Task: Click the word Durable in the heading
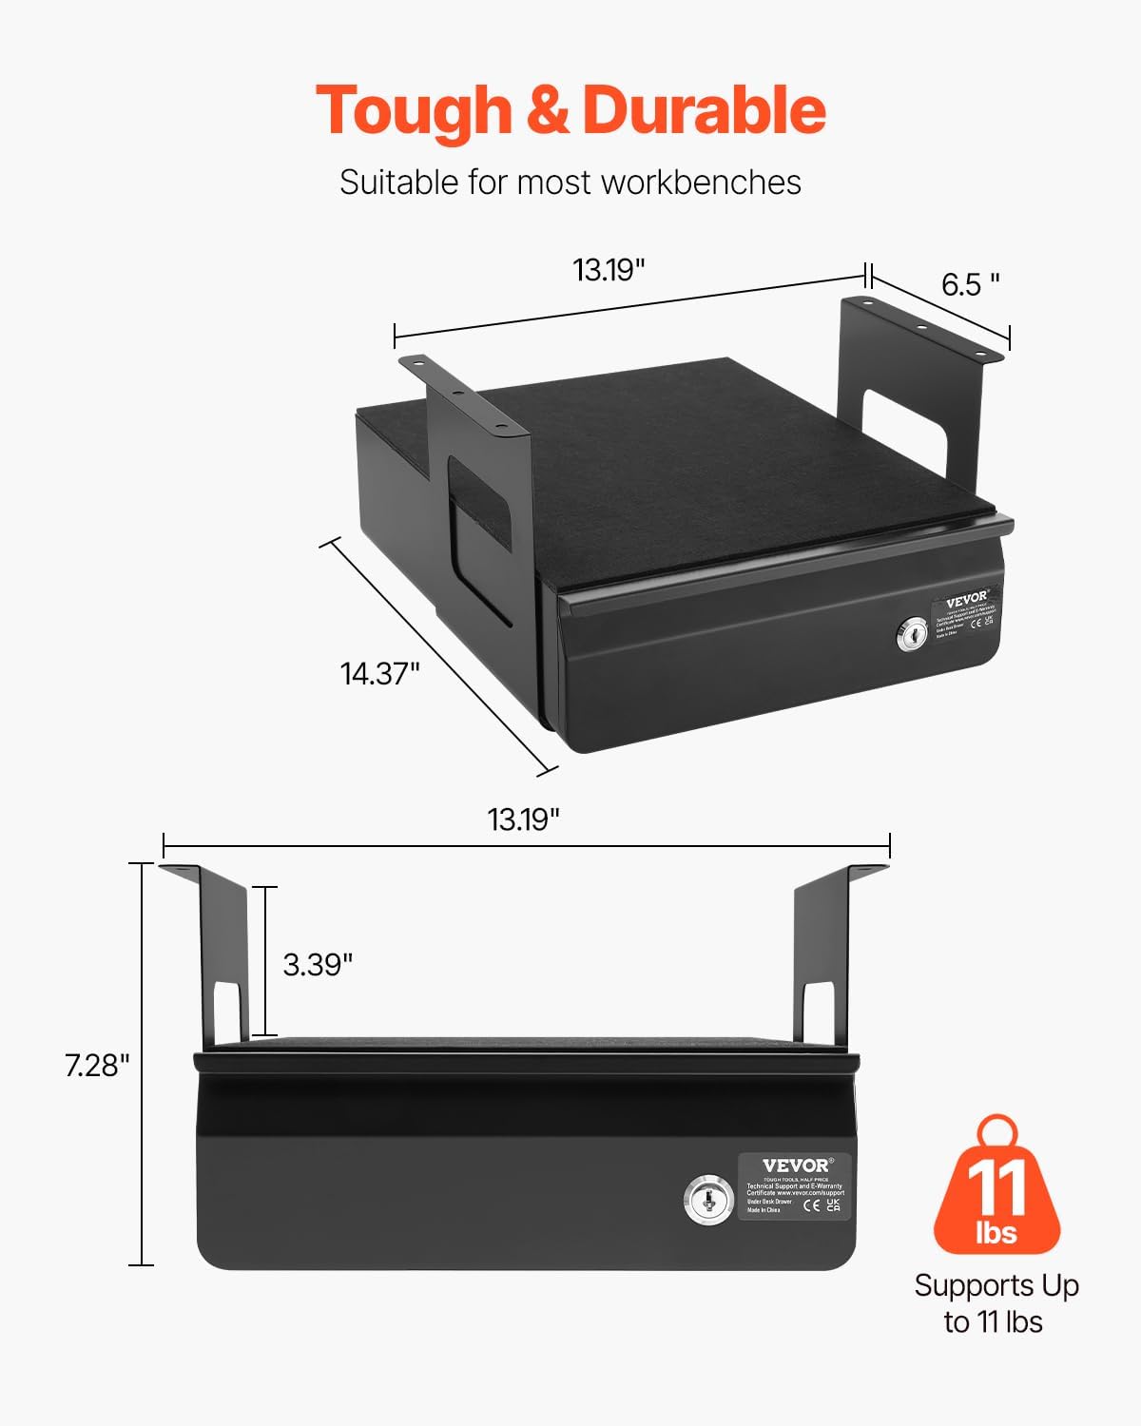click(704, 111)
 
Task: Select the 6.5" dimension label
click(970, 284)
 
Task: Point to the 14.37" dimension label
click(379, 674)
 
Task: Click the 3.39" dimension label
click(318, 965)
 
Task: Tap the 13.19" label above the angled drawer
click(609, 270)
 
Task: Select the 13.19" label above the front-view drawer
click(523, 819)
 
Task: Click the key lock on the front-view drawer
click(708, 1200)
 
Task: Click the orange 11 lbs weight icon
click(996, 1188)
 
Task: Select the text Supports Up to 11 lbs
click(996, 1303)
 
